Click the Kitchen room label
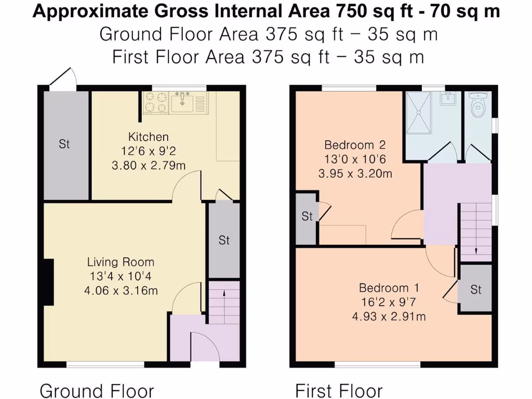[149, 137]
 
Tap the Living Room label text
[121, 262]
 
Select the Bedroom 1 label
[389, 288]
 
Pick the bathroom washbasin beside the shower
[448, 98]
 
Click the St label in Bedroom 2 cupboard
[307, 216]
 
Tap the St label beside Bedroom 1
[476, 290]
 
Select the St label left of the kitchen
[64, 144]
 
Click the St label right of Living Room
[224, 241]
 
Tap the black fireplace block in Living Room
[48, 282]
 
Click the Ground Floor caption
[97, 390]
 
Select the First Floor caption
[339, 390]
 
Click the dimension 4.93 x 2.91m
[389, 316]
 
